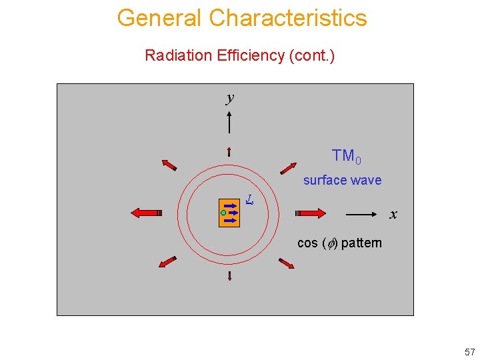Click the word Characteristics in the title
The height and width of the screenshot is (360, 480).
288,17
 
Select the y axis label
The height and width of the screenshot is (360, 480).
230,98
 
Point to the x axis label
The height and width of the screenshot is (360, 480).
393,215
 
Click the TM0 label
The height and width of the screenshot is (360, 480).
347,157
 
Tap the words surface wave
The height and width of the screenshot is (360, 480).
342,180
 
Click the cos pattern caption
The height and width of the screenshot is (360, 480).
339,243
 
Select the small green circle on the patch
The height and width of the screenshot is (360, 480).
223,213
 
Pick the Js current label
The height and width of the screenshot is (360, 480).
248,199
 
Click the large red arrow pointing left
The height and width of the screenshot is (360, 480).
147,213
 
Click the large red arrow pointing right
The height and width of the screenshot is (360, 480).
311,213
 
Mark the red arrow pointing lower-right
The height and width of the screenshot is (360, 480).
287,263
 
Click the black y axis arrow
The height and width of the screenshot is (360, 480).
229,123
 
